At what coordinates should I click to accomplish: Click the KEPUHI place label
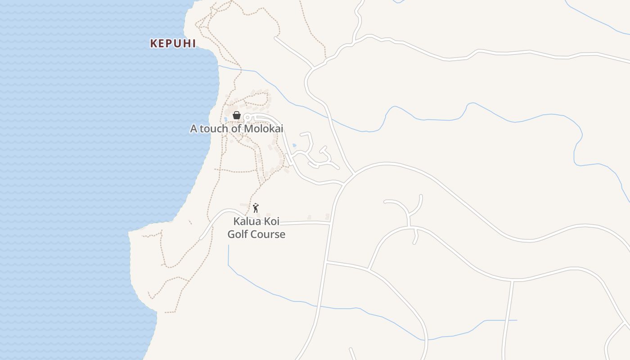[x=173, y=43]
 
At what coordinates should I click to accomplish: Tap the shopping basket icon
[x=237, y=116]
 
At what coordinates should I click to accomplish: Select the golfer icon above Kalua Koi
[x=256, y=208]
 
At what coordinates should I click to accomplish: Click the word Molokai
[x=264, y=129]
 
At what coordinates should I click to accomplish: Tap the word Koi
[x=272, y=221]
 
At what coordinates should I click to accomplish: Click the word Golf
[x=238, y=234]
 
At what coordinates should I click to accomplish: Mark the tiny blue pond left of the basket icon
[x=225, y=119]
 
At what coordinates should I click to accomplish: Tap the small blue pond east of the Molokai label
[x=294, y=145]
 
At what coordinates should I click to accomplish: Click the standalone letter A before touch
[x=193, y=129]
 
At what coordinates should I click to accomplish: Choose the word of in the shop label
[x=237, y=129]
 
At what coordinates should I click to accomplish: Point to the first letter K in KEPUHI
[x=153, y=43]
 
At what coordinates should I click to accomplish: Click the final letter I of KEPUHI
[x=194, y=43]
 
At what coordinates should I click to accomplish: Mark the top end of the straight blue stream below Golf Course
[x=229, y=246]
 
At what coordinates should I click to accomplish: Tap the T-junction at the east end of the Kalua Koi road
[x=330, y=223]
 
